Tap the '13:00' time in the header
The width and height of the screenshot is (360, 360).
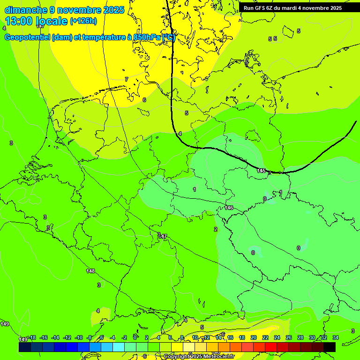click(19, 21)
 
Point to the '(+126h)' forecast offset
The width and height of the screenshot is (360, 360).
click(83, 21)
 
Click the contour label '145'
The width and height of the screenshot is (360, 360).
click(262, 171)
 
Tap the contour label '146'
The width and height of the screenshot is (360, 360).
click(229, 208)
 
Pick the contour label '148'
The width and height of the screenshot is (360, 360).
click(90, 271)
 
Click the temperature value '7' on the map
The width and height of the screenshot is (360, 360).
click(127, 79)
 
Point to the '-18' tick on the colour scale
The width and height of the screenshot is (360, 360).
click(32, 337)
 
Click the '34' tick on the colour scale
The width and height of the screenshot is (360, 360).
click(336, 337)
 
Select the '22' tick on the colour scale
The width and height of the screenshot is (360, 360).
click(265, 337)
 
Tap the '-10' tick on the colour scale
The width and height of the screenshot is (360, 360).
click(78, 337)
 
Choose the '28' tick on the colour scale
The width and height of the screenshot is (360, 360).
click(300, 337)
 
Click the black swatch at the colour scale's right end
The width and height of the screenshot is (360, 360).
click(330, 347)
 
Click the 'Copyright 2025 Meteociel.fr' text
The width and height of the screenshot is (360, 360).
click(199, 357)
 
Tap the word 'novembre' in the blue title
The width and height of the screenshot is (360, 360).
click(79, 10)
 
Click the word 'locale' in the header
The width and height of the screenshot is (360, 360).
click(52, 21)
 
